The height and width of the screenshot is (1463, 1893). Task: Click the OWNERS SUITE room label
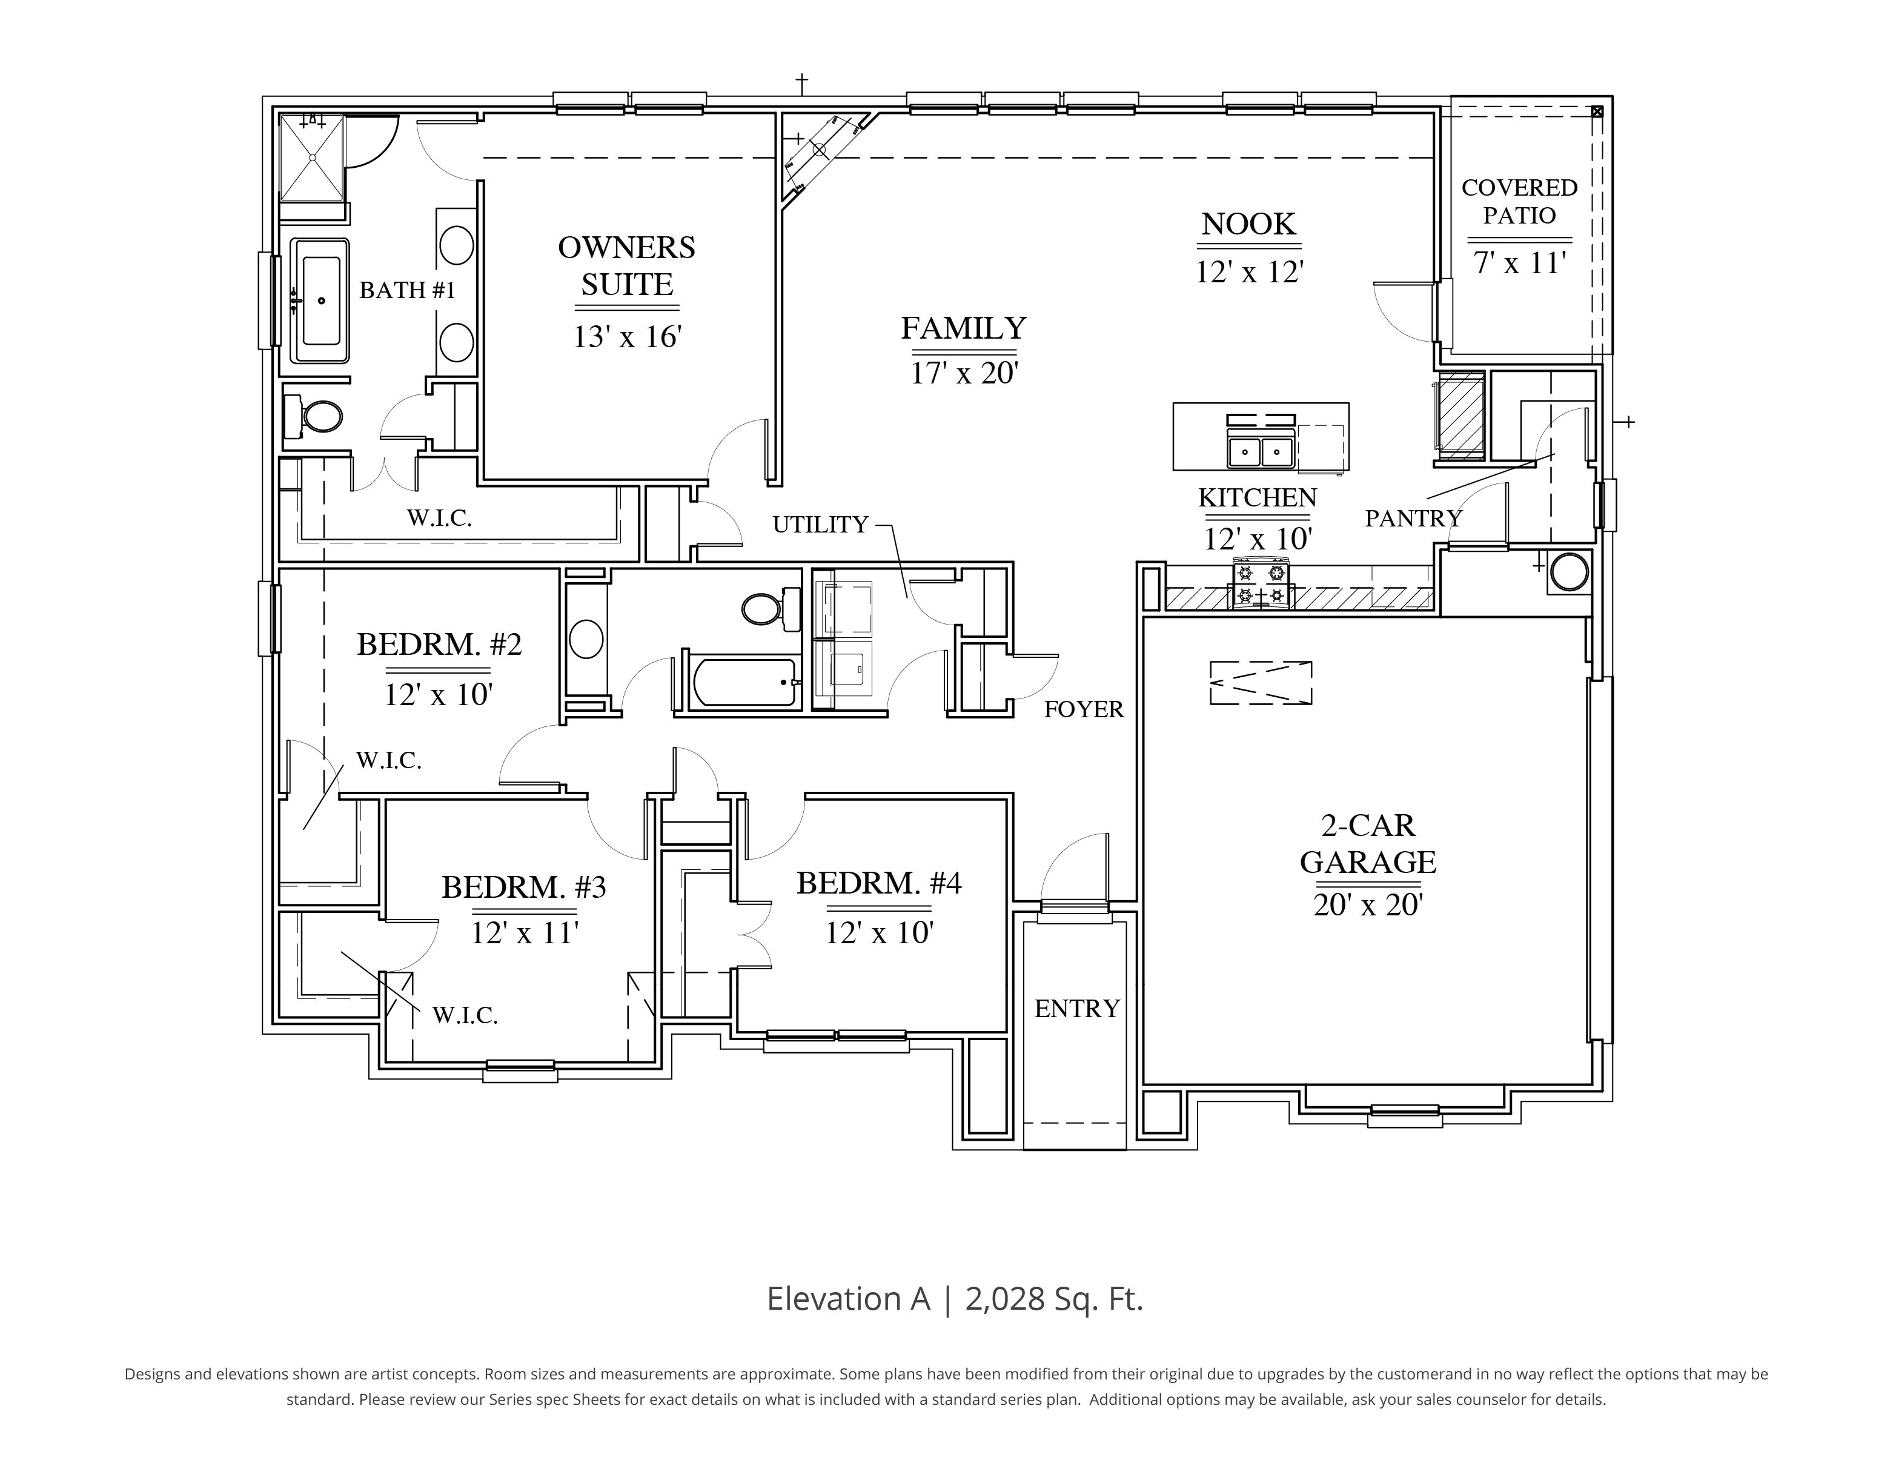click(x=627, y=266)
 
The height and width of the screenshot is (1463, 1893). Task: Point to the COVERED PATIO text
click(x=1519, y=201)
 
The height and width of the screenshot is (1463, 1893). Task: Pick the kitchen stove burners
click(x=1261, y=583)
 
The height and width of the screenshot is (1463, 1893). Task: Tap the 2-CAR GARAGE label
click(x=1368, y=843)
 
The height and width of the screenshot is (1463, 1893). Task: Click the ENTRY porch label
click(x=1078, y=1009)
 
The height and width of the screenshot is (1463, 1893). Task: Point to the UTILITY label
click(x=820, y=525)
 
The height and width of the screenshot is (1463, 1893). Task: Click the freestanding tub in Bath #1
click(x=320, y=300)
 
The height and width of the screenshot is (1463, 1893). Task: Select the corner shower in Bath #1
click(x=312, y=157)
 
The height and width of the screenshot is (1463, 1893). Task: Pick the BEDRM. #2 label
click(x=439, y=645)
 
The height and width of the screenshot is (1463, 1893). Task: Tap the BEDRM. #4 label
click(x=879, y=883)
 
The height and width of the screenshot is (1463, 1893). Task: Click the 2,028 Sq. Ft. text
click(x=1054, y=1298)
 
